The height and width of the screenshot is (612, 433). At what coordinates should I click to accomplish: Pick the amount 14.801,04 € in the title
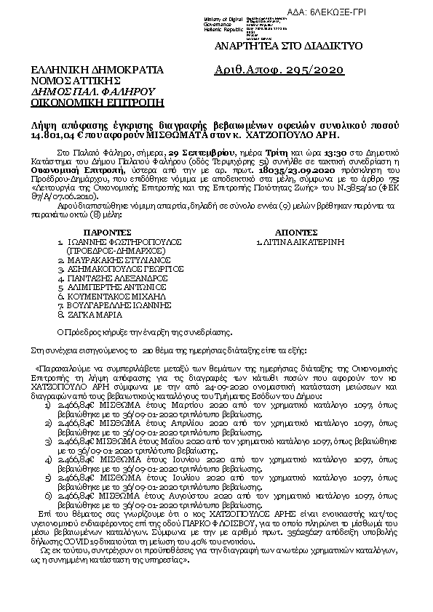[52, 135]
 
